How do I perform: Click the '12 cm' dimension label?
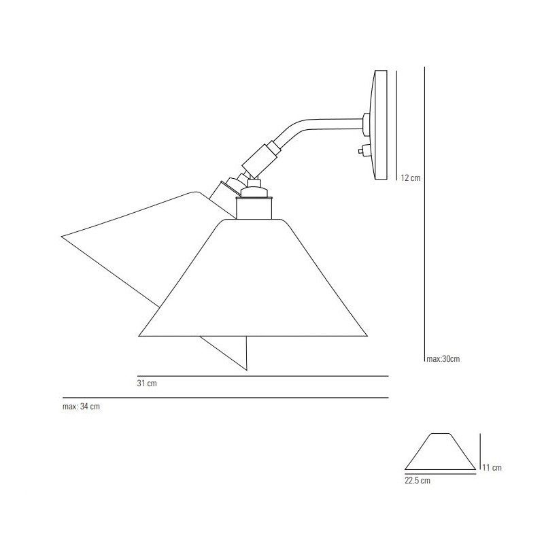(x=411, y=178)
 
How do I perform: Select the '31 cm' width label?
(x=147, y=384)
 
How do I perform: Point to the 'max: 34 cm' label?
(x=80, y=407)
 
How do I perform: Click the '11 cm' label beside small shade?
(x=492, y=467)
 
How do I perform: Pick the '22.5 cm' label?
(x=417, y=480)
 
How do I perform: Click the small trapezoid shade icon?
(x=440, y=452)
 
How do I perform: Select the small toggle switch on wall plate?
(x=364, y=150)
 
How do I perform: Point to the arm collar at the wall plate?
(x=366, y=124)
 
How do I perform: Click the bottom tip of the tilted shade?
(x=248, y=370)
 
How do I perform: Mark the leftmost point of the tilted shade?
(x=62, y=237)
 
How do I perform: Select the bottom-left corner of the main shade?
(x=139, y=336)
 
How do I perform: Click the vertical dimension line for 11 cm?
(x=481, y=452)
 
